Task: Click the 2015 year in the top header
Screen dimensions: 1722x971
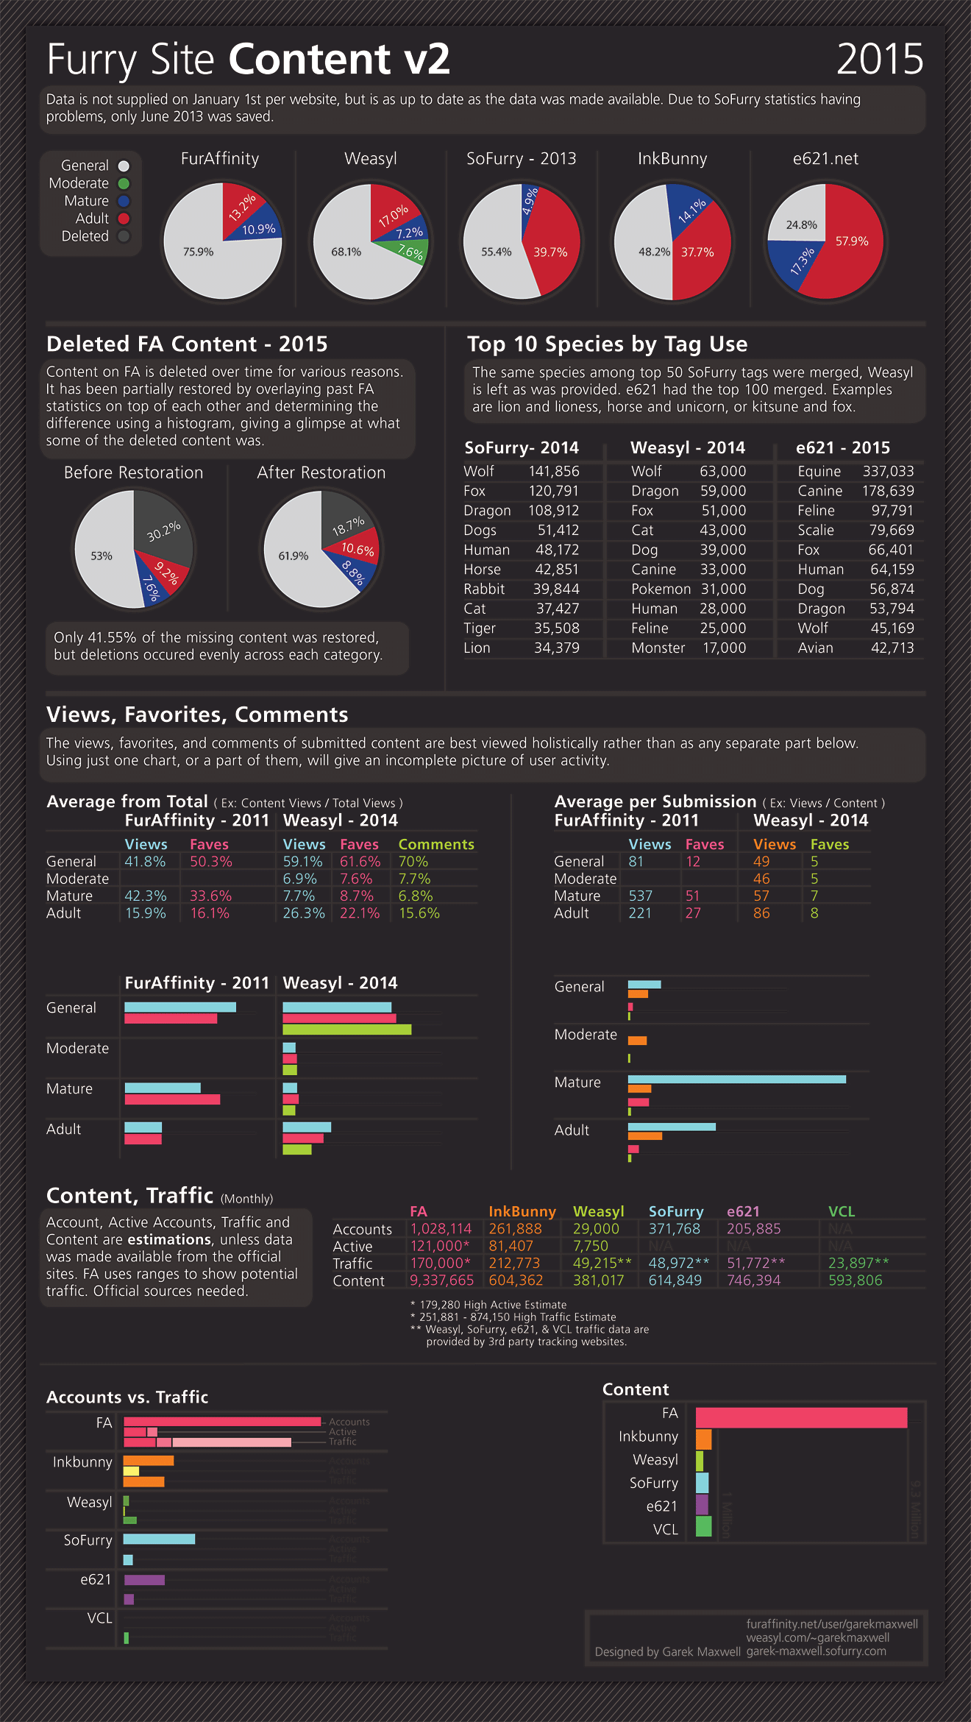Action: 880,59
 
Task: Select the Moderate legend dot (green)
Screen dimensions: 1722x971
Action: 124,183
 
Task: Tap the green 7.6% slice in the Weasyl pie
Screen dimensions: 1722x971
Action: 410,252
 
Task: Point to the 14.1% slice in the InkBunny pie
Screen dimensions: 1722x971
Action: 691,210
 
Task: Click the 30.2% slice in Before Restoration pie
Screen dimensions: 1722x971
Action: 163,531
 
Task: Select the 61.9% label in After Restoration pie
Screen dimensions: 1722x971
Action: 293,556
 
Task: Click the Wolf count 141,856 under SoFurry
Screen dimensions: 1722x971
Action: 553,471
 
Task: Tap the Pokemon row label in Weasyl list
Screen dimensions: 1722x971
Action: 661,589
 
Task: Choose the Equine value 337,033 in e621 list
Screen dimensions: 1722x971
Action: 888,471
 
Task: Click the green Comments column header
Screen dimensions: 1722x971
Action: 436,844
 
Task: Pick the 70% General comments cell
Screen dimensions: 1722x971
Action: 413,861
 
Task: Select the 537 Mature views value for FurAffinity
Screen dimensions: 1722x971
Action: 640,896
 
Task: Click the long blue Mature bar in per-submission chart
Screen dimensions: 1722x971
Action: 736,1080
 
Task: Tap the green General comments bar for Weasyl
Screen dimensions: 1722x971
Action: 346,1030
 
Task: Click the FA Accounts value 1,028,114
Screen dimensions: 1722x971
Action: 441,1228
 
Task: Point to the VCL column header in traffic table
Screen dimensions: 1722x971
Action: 841,1211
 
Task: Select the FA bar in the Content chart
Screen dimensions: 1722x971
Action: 801,1417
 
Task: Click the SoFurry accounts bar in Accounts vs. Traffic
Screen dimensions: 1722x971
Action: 159,1539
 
